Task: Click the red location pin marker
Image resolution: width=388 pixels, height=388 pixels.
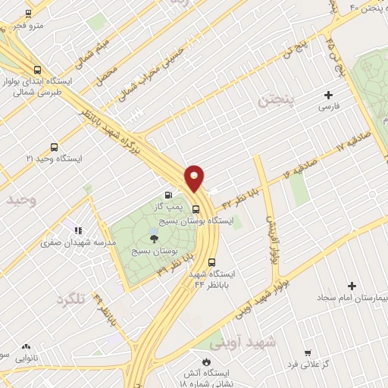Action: pyautogui.click(x=196, y=178)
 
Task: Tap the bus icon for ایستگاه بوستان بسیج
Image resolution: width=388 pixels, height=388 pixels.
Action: pyautogui.click(x=196, y=209)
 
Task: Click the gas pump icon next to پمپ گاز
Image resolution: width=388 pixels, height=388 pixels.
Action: pyautogui.click(x=168, y=195)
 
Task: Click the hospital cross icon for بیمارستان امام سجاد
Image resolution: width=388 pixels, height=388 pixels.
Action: pyautogui.click(x=352, y=286)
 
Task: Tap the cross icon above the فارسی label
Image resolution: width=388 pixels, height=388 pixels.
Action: pyautogui.click(x=328, y=95)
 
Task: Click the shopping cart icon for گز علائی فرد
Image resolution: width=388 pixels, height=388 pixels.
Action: pyautogui.click(x=307, y=353)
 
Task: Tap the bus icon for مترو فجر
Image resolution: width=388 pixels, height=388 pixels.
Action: pyautogui.click(x=29, y=14)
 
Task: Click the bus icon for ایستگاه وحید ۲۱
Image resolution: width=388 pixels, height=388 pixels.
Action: pyautogui.click(x=53, y=146)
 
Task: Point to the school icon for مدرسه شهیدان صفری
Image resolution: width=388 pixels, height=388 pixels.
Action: pyautogui.click(x=77, y=230)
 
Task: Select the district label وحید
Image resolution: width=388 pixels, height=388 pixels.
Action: pyautogui.click(x=20, y=200)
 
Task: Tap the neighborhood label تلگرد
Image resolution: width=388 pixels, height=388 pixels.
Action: pyautogui.click(x=71, y=300)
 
